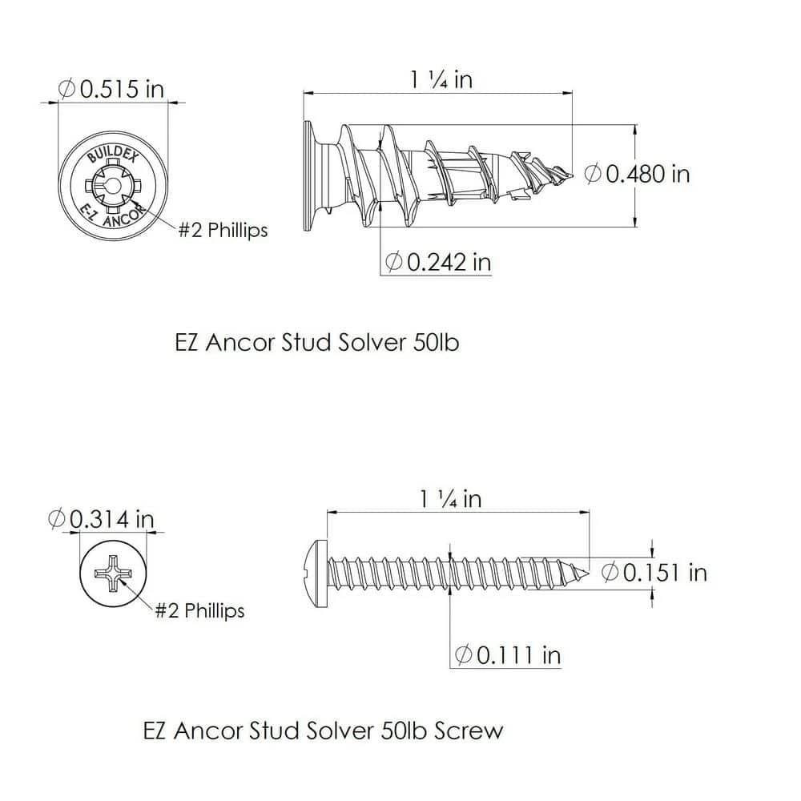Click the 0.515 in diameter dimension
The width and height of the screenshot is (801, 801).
[x=111, y=88]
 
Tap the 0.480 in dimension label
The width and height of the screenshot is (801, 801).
[x=638, y=173]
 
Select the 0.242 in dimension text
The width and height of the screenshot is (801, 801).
[x=438, y=261]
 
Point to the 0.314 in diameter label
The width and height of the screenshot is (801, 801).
[x=101, y=519]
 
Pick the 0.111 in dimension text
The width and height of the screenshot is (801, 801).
[x=507, y=655]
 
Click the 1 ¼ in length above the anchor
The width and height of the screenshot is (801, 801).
[x=441, y=79]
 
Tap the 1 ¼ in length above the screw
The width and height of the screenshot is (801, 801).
[x=450, y=498]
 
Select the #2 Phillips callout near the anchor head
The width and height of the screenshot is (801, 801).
[x=223, y=230]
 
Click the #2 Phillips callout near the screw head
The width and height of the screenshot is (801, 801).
[x=199, y=610]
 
